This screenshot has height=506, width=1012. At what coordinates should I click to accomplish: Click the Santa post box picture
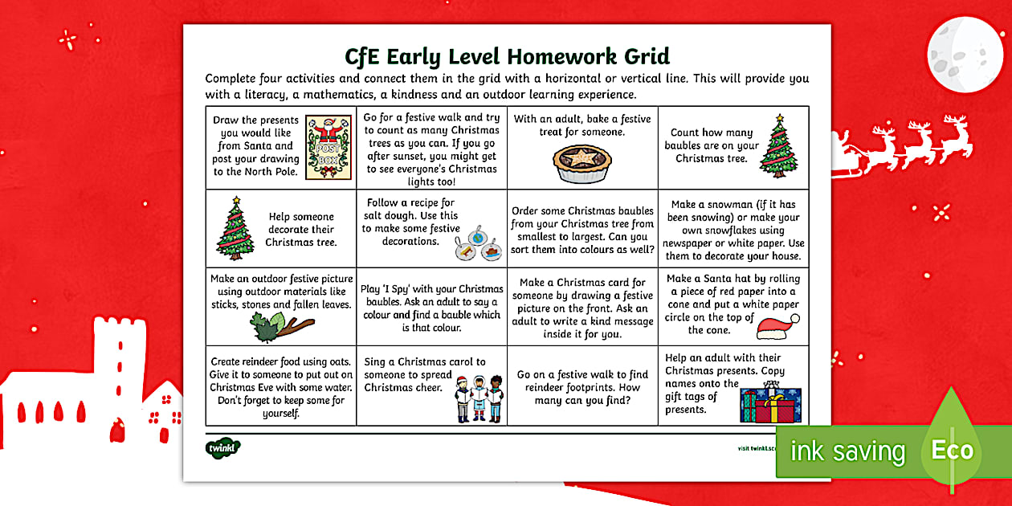click(328, 145)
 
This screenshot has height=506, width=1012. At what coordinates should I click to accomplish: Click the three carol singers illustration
click(479, 398)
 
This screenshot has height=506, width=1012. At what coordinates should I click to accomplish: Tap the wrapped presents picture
click(770, 402)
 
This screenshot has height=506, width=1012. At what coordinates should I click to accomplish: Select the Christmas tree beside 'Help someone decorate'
click(235, 228)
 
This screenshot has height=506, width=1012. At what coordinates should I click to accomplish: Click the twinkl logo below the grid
click(222, 447)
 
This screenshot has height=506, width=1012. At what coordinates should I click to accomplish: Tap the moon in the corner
click(965, 55)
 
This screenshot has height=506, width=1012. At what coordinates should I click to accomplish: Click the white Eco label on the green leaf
click(952, 450)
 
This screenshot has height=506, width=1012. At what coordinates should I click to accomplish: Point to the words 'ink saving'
click(847, 451)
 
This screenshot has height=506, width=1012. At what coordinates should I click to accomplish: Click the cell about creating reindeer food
click(280, 387)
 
